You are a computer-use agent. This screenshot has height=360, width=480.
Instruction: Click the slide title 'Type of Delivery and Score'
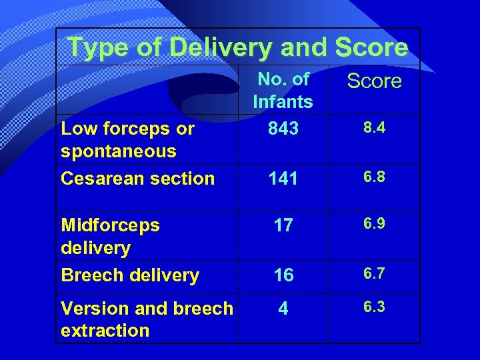238,47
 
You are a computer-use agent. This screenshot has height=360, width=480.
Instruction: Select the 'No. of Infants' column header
283,90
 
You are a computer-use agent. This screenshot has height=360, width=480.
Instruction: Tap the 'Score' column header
374,81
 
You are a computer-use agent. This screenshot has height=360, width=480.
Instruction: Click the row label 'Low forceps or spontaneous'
127,139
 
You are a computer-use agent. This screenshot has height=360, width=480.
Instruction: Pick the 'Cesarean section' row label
137,178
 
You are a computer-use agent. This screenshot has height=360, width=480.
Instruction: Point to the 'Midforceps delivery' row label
110,236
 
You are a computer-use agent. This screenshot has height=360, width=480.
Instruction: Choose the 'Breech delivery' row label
130,275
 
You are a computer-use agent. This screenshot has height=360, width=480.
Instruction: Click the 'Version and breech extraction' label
147,319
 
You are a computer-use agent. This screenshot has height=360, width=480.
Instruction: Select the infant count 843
283,128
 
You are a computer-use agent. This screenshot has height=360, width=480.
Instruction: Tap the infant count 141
283,179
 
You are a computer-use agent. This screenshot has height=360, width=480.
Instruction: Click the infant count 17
283,225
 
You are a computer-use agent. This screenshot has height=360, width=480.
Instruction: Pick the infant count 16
283,275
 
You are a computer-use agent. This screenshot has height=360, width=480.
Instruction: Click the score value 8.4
374,127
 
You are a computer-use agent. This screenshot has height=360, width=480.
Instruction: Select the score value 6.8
374,177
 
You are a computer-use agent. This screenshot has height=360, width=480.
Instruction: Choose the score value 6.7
374,274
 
